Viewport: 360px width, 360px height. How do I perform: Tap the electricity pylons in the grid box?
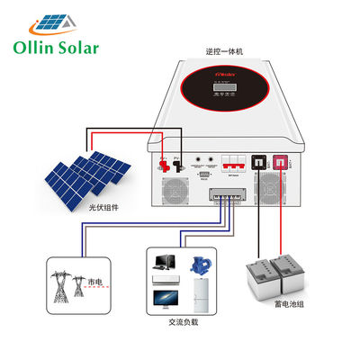tap(67, 283)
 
